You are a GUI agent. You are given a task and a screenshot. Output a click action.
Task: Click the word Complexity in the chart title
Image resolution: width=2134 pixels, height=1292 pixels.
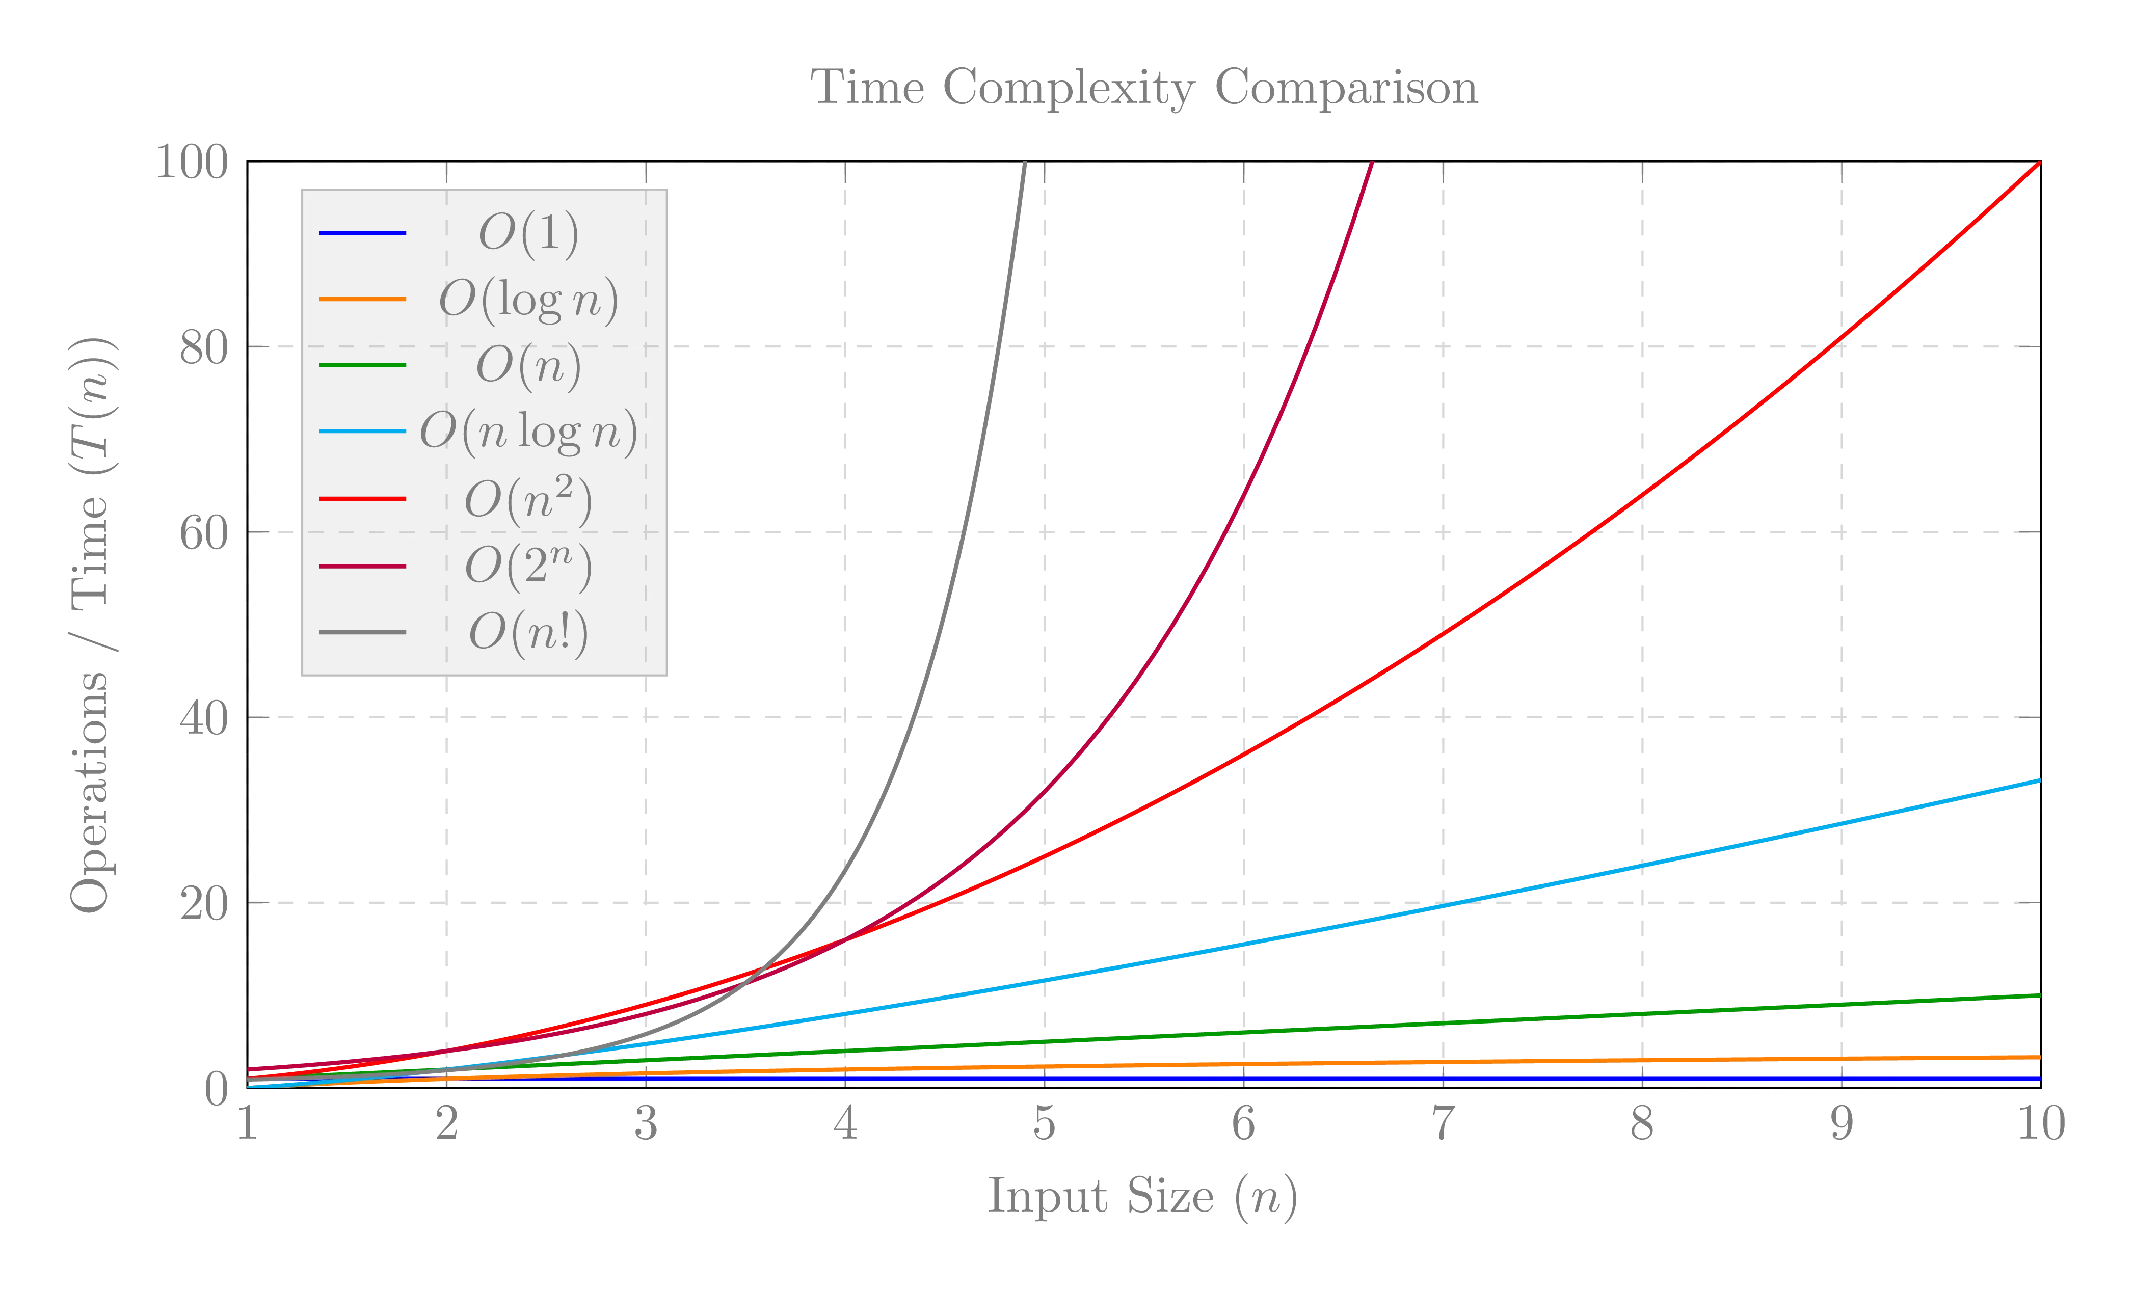[1069, 88]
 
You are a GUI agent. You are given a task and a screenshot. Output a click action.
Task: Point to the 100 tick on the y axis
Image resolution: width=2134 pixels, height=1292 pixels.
[191, 162]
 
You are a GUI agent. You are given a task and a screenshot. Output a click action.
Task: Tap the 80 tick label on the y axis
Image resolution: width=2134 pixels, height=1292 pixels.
[203, 348]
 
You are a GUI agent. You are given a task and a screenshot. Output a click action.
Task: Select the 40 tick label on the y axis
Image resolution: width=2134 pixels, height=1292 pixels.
[203, 718]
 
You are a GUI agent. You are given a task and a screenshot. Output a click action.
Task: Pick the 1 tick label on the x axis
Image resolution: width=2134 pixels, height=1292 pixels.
[248, 1124]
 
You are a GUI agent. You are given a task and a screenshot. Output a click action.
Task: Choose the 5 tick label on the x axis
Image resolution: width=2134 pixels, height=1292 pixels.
[1045, 1124]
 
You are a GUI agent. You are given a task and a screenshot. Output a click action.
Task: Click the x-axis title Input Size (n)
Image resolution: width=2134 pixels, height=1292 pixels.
[1141, 1197]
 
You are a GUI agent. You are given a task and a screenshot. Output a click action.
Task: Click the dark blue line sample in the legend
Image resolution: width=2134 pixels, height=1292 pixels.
[363, 233]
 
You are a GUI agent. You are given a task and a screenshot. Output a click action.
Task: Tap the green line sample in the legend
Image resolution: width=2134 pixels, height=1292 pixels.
[363, 365]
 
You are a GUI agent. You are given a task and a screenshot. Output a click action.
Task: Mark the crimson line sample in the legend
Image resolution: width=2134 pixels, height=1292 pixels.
[363, 567]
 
